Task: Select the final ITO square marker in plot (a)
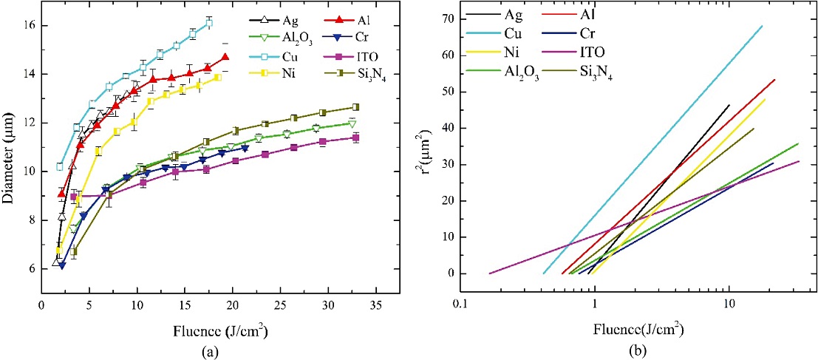(355, 137)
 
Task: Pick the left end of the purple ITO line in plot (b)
(489, 274)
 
